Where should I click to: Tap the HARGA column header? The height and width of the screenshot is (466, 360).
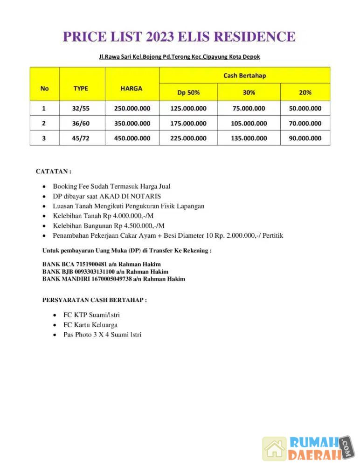click(x=132, y=88)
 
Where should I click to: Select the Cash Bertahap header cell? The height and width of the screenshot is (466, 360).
click(x=244, y=75)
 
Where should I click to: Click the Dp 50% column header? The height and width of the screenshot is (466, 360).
click(x=188, y=92)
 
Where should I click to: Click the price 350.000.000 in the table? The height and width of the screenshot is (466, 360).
click(x=132, y=123)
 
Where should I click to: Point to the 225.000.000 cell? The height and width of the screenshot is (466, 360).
click(x=188, y=138)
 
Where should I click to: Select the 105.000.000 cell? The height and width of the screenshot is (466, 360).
click(x=249, y=123)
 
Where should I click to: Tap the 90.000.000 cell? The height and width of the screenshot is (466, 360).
click(x=305, y=138)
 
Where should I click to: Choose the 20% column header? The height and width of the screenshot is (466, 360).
click(x=305, y=92)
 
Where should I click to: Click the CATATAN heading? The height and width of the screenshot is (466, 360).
click(x=53, y=171)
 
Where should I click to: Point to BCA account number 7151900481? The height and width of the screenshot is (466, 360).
click(x=85, y=264)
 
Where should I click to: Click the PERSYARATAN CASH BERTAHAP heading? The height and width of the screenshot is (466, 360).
click(x=94, y=300)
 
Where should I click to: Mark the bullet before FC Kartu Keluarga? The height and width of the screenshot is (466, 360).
click(x=55, y=325)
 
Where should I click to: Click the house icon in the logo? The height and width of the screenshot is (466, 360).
click(x=275, y=448)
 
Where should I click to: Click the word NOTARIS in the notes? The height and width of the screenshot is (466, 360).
click(x=146, y=196)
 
